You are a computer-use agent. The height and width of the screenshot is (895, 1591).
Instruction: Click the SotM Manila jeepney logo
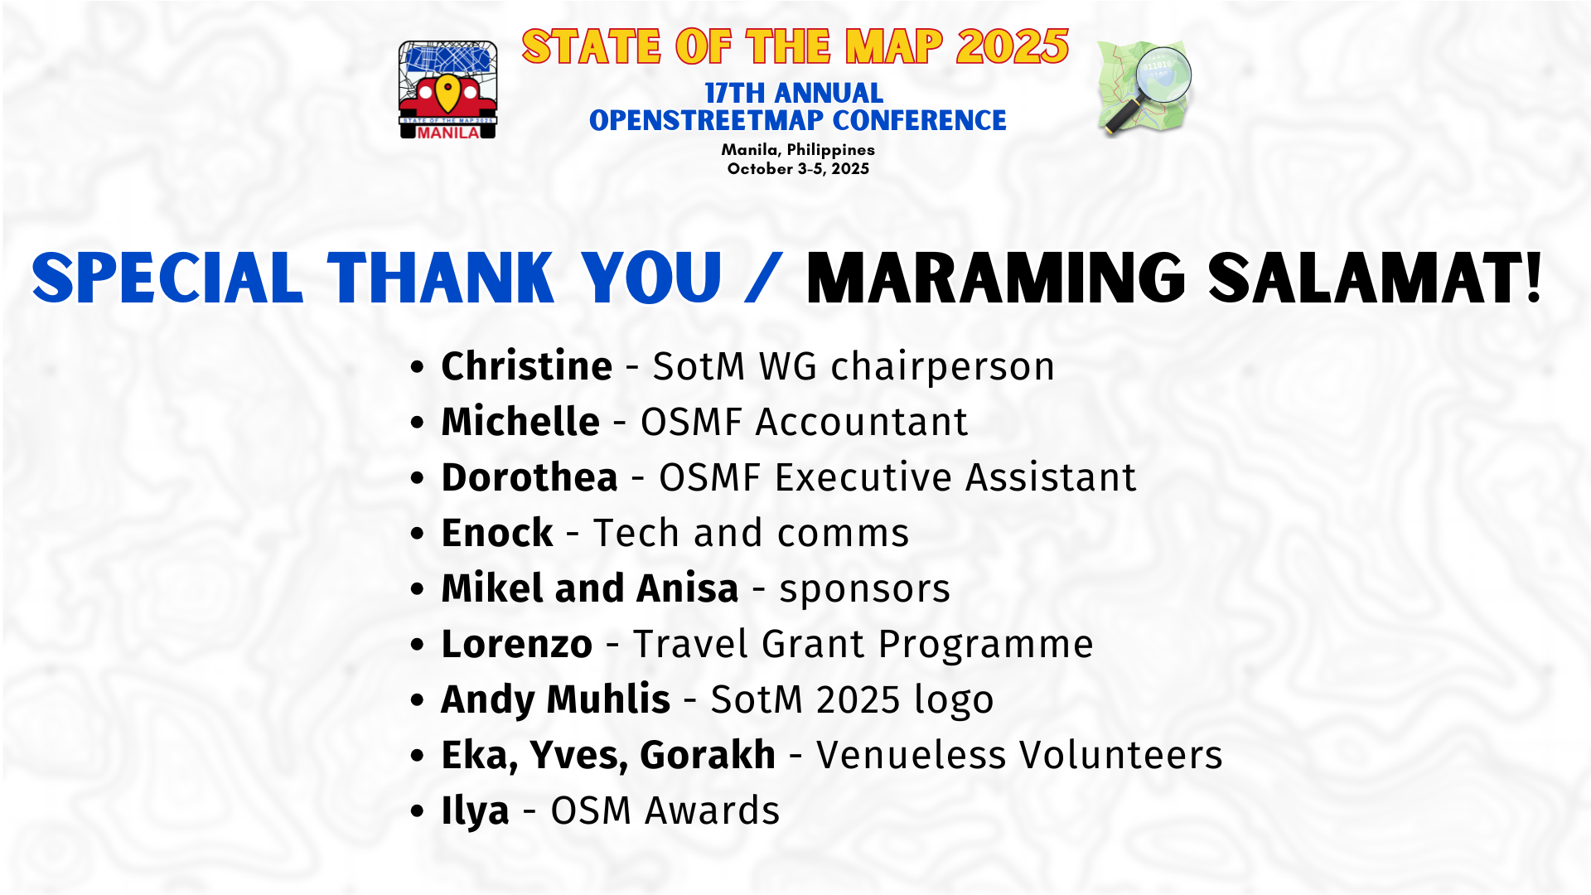click(x=447, y=89)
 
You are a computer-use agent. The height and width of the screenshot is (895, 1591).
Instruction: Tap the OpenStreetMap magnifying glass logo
click(x=1144, y=88)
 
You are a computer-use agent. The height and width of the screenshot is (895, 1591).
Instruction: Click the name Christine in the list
click(x=526, y=366)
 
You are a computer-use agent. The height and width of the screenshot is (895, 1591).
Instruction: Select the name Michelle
click(x=520, y=422)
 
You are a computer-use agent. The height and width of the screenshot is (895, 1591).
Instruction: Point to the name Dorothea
click(x=530, y=477)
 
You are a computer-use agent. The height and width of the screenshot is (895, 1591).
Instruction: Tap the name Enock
click(x=497, y=533)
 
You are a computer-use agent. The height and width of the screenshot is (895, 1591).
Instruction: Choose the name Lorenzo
click(x=517, y=644)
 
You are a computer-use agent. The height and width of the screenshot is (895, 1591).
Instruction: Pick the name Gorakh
click(x=708, y=755)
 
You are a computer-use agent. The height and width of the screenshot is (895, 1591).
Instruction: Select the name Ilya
click(x=475, y=811)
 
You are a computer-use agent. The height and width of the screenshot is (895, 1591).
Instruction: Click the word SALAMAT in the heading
click(x=1375, y=278)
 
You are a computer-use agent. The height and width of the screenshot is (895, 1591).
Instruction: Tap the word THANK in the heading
click(x=440, y=278)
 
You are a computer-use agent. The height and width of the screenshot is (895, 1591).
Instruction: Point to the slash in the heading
click(x=763, y=278)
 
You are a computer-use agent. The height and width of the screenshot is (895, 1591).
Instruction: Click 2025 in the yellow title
click(x=1013, y=46)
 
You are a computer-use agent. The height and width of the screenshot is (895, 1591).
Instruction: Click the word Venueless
click(x=911, y=755)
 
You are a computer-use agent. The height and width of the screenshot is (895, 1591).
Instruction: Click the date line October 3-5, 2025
click(x=798, y=169)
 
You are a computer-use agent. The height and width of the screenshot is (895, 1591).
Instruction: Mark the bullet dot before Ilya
click(x=418, y=811)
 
